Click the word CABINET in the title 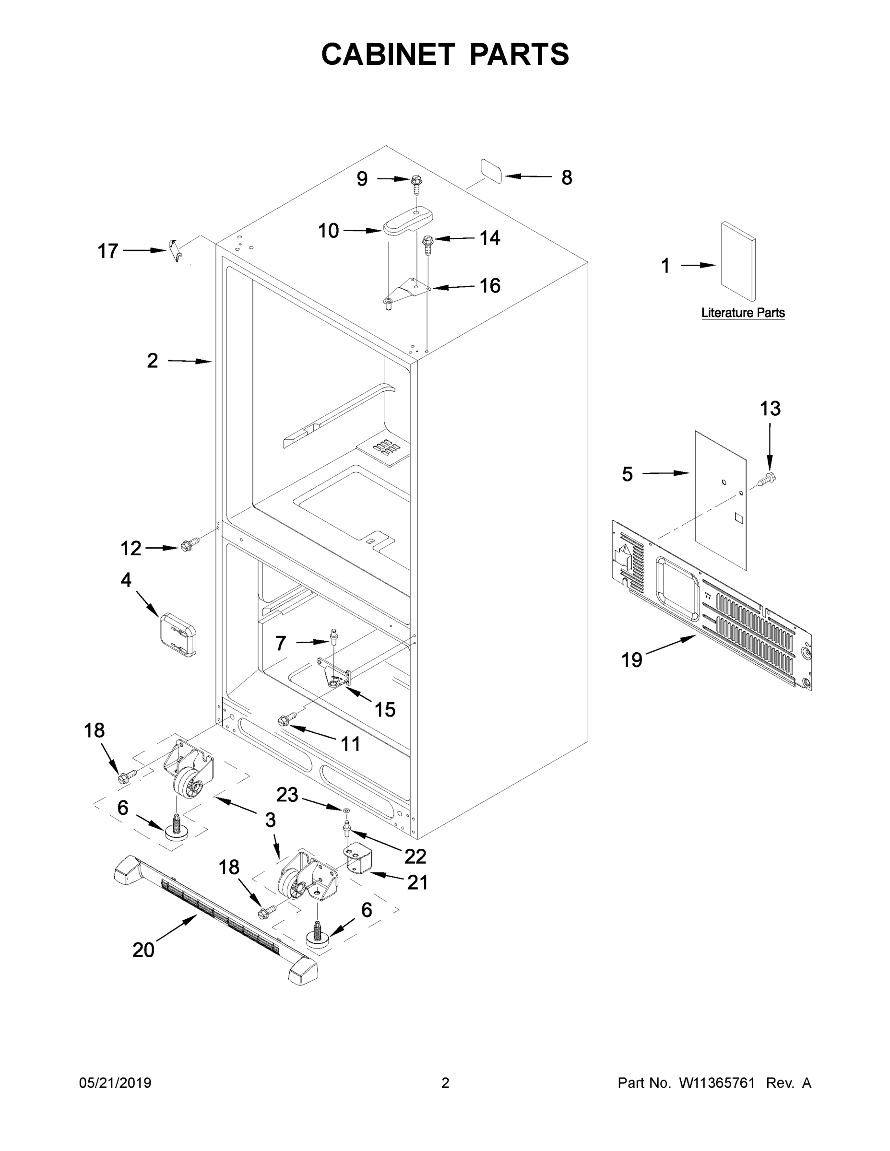point(388,54)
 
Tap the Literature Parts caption point(742,313)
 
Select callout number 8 point(566,177)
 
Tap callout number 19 point(632,659)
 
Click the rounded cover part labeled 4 point(178,634)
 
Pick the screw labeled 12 point(190,544)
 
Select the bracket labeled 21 point(358,862)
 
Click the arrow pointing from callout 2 point(190,361)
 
